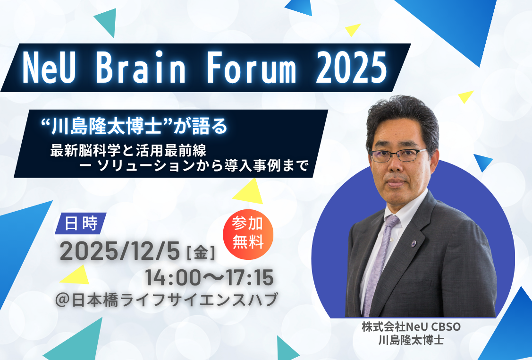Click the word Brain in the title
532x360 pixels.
(x=141, y=67)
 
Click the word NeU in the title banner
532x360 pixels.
(x=49, y=67)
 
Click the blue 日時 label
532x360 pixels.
(x=81, y=223)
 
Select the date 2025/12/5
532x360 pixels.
(x=119, y=252)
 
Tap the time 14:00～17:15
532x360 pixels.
(x=209, y=278)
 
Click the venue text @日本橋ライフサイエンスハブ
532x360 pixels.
(x=166, y=300)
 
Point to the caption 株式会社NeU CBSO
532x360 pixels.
(x=411, y=327)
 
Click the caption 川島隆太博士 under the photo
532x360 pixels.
(x=411, y=340)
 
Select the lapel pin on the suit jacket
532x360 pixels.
(x=414, y=243)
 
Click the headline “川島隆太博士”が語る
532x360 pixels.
(x=134, y=126)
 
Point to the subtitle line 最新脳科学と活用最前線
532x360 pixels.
(x=128, y=150)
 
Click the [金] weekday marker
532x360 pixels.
(x=201, y=253)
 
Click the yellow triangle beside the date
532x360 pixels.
(x=76, y=275)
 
